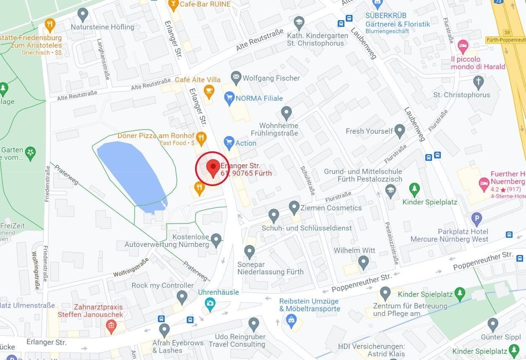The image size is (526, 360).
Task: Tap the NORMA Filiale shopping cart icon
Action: (x=229, y=98)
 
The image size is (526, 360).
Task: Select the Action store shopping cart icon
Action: (x=229, y=142)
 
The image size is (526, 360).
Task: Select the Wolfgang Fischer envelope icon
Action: (x=236, y=78)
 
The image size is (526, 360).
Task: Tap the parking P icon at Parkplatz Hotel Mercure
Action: (x=477, y=218)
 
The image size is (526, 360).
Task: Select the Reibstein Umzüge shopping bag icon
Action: (x=290, y=320)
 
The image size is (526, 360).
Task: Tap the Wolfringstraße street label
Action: (x=131, y=268)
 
